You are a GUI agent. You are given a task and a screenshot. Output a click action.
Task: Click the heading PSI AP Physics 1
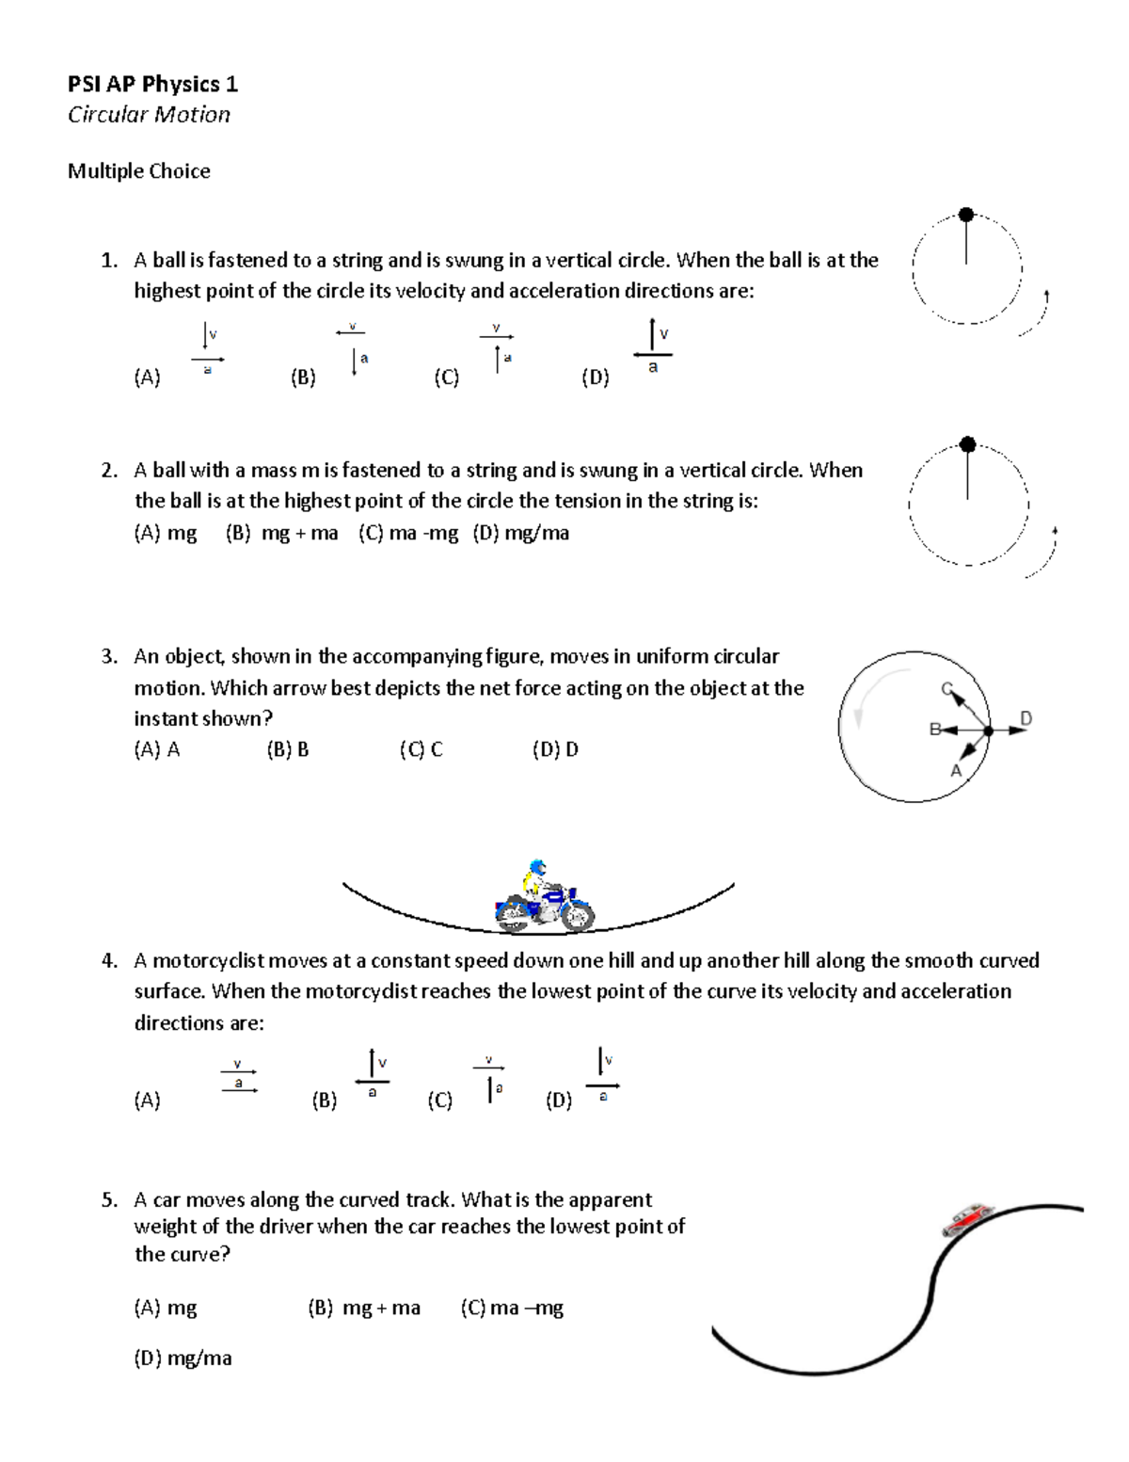[x=152, y=85]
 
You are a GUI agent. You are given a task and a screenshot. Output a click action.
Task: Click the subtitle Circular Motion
[x=149, y=115]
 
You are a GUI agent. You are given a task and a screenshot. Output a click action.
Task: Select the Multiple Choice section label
[x=138, y=171]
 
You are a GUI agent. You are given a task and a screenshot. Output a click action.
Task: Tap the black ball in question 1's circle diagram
[x=965, y=215]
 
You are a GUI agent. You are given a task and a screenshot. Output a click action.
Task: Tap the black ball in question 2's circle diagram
[x=966, y=444]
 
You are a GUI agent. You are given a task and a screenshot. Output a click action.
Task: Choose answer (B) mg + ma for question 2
[x=281, y=534]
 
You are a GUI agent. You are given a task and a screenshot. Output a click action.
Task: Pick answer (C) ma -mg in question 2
[x=408, y=534]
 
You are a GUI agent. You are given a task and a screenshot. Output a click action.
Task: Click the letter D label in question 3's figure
[x=1026, y=718]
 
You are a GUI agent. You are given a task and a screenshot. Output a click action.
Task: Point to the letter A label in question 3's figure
[x=956, y=771]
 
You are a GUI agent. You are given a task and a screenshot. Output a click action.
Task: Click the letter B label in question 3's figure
[x=934, y=729]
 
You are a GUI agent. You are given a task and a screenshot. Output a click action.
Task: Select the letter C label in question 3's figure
[x=947, y=688]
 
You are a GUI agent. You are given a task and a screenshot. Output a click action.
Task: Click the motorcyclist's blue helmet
[x=537, y=867]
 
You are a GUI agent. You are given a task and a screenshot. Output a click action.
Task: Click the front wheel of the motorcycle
[x=575, y=915]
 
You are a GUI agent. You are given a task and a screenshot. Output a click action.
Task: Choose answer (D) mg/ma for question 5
[x=183, y=1358]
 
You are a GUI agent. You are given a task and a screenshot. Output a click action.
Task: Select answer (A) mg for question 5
[x=166, y=1308]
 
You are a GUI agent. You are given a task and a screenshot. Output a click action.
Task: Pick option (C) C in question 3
[x=421, y=750]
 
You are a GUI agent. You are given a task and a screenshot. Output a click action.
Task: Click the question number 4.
[x=109, y=961]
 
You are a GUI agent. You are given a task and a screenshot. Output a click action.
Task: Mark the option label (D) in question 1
[x=595, y=378]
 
